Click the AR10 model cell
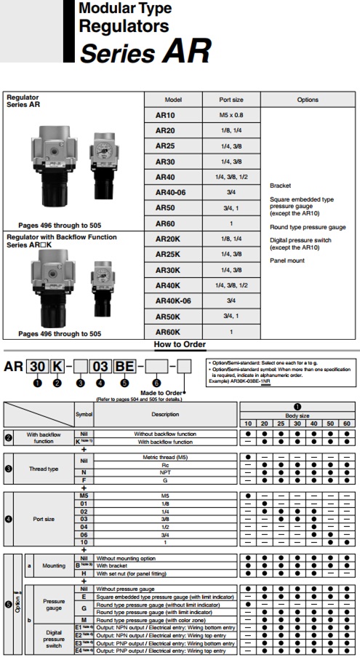165,115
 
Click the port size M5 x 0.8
236,115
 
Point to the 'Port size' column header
236,100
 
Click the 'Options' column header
307,100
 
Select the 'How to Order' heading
180,344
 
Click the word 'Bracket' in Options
280,186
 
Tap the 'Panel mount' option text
287,260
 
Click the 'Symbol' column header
84,414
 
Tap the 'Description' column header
167,414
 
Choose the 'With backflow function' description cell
167,441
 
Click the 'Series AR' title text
145,52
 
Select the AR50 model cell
165,207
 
